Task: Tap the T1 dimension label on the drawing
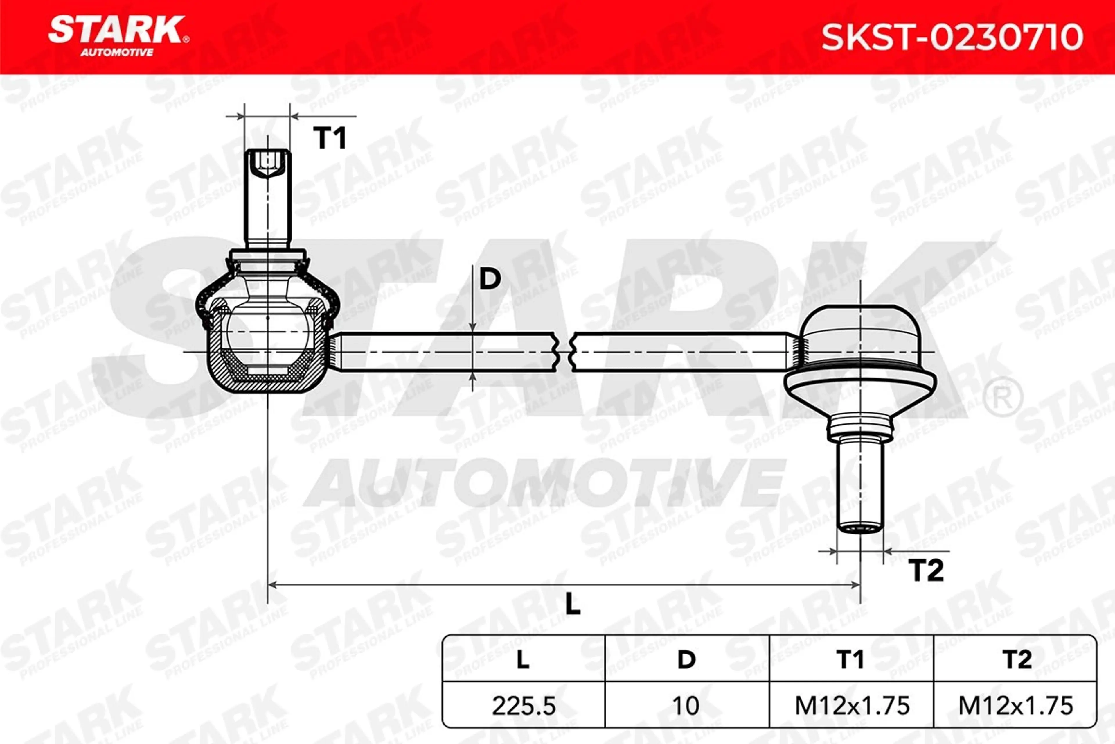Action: [x=330, y=138]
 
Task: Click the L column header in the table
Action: [x=523, y=659]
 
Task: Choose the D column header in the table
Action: [x=686, y=659]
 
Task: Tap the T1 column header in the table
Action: [x=850, y=659]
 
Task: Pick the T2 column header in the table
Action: [x=1016, y=659]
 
